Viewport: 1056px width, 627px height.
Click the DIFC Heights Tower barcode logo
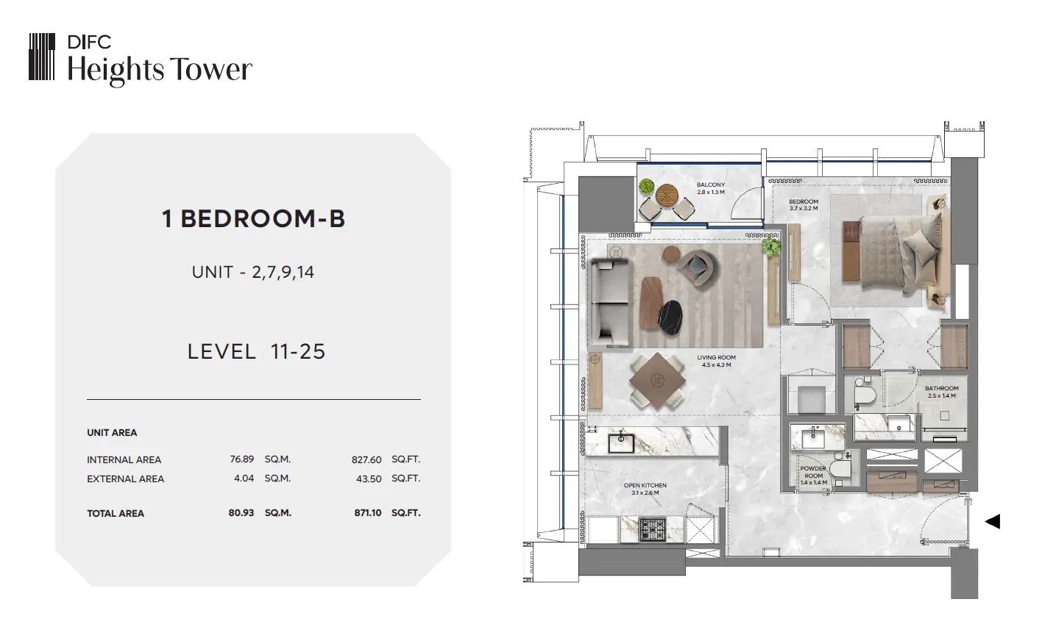(41, 57)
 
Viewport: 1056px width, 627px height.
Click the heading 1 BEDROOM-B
(254, 219)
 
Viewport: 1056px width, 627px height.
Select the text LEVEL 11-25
(256, 351)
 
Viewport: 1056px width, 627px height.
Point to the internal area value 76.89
(242, 459)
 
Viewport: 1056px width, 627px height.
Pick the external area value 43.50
(369, 479)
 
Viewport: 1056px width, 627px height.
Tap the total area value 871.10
(368, 513)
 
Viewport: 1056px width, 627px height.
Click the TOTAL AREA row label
(116, 514)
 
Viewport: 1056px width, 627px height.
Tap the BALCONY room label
(711, 185)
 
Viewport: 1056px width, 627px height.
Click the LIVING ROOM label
(717, 358)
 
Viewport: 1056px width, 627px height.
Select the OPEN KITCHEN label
(645, 485)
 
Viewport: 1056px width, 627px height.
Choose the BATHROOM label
(942, 388)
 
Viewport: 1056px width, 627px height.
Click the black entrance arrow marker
(993, 522)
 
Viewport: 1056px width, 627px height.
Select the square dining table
(658, 380)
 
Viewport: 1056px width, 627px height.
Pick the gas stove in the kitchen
(653, 529)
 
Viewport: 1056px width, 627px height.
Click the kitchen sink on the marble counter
(621, 443)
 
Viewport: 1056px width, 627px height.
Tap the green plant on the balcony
(646, 185)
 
